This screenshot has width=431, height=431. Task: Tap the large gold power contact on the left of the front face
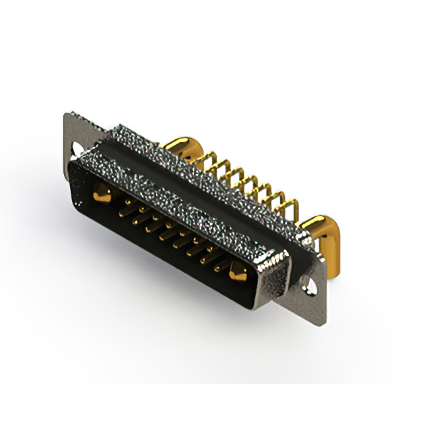[x=102, y=195]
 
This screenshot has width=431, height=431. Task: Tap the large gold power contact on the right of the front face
[x=236, y=273]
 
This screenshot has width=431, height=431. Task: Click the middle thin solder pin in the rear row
[x=246, y=182]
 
